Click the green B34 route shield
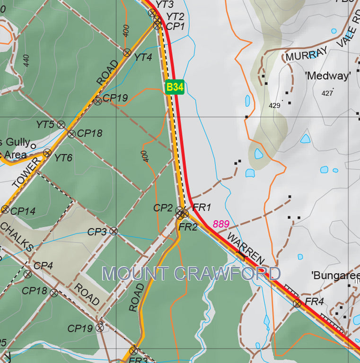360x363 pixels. (x=175, y=87)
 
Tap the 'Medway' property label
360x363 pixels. (x=328, y=76)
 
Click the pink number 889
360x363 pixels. (x=221, y=224)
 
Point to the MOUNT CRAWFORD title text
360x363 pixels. (x=191, y=274)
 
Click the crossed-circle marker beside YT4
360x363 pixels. (x=127, y=52)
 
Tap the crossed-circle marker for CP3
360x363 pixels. (x=114, y=231)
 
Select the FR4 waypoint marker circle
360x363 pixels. (x=297, y=303)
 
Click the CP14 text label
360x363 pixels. (x=23, y=211)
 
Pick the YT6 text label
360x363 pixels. (x=63, y=158)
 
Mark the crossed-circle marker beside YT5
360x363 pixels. (x=61, y=125)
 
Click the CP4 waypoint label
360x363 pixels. (x=43, y=266)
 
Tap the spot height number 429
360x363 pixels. (x=274, y=105)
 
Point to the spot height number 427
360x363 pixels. (x=327, y=93)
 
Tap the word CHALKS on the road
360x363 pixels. (x=17, y=237)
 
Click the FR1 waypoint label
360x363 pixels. (x=202, y=207)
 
